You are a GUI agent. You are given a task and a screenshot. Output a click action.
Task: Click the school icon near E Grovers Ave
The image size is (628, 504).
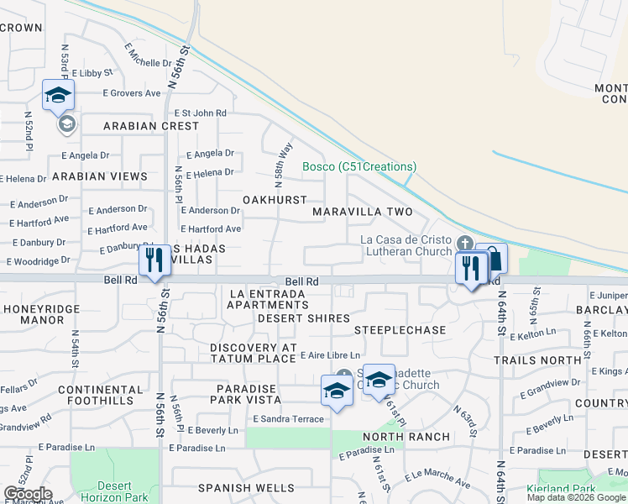58,95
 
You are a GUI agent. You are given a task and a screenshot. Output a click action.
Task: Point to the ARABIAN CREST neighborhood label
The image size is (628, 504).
151,126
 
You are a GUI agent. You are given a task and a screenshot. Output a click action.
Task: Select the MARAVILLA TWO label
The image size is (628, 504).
363,212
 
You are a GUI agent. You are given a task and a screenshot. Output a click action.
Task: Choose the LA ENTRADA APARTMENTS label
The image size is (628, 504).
268,299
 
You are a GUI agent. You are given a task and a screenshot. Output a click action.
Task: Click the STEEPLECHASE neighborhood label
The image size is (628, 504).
400,330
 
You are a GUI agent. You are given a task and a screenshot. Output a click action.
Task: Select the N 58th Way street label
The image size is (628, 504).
284,161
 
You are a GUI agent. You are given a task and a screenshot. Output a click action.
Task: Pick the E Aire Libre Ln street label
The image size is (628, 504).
330,356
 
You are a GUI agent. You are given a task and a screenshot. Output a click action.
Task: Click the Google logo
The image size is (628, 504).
28,494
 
